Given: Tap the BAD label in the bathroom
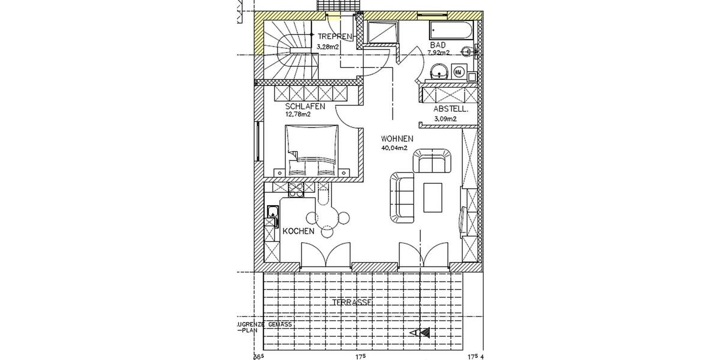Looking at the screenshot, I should point(437,45).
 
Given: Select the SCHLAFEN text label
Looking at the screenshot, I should point(305,106).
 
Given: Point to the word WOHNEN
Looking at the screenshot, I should point(397,138).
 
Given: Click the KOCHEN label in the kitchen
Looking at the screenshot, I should point(299,231).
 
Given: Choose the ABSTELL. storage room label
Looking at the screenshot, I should point(451,109).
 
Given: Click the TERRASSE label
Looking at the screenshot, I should point(352,302).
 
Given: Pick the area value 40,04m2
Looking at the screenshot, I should point(394,147).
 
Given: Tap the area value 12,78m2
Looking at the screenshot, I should point(302,114).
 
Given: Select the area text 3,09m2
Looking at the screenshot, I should point(445,119).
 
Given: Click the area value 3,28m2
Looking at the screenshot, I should point(328,45).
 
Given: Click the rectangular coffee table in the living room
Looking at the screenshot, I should point(433,197).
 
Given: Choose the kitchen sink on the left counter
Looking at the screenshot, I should point(272,211).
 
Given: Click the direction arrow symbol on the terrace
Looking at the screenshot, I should point(421,332).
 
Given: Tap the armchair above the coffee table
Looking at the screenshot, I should point(432,161).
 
